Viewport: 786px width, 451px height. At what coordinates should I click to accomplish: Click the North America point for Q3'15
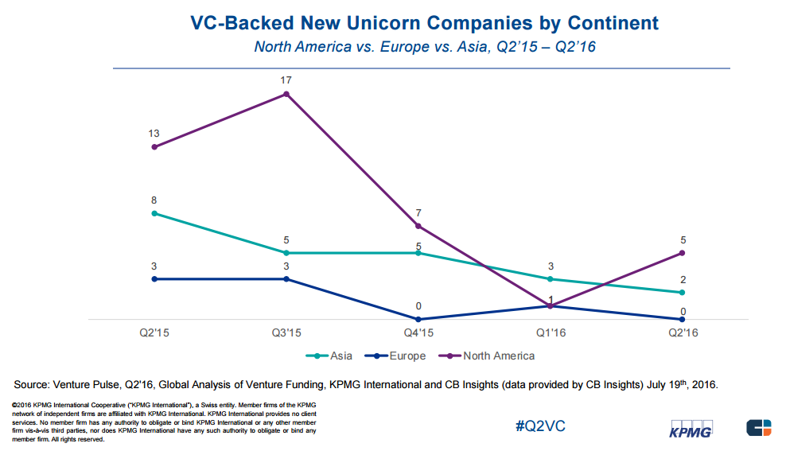tap(286, 94)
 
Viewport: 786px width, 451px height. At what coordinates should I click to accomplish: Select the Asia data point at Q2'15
tap(154, 213)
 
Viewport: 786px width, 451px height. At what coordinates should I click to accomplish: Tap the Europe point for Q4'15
tap(418, 319)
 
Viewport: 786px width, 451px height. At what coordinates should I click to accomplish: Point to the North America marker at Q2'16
tap(682, 253)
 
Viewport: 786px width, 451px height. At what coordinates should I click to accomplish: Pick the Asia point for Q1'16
tap(550, 279)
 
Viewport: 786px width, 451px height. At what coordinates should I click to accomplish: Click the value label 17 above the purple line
tap(286, 80)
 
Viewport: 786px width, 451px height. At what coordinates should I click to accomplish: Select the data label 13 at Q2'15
tap(154, 134)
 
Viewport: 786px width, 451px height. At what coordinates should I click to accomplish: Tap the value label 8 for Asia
tap(154, 200)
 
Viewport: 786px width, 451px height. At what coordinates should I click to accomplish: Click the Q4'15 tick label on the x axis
tap(418, 333)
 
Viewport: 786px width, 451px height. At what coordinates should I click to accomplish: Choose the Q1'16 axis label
tap(550, 333)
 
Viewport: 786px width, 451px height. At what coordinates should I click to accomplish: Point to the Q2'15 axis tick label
tap(154, 333)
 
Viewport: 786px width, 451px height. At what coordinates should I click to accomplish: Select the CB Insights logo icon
tap(757, 427)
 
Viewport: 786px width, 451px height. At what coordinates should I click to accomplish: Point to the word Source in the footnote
tap(37, 385)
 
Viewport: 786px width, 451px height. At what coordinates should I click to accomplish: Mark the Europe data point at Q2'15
tap(154, 279)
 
